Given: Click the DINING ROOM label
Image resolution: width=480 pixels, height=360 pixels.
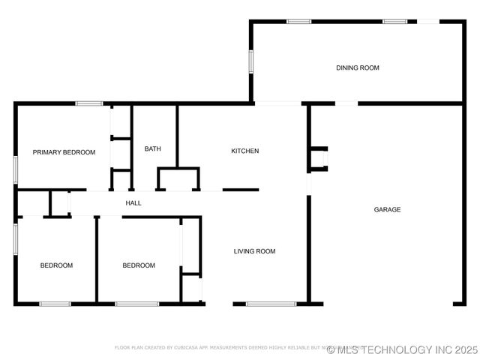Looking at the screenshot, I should [x=357, y=67].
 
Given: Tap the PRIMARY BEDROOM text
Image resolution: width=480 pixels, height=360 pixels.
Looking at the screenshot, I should [x=64, y=152].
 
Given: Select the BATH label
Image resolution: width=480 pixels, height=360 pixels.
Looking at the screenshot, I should [x=152, y=148].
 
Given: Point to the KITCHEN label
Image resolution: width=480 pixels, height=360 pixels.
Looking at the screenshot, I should [x=244, y=151].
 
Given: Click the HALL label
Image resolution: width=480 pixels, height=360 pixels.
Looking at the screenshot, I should [x=133, y=202].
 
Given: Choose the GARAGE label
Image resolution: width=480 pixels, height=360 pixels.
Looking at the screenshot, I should [x=387, y=209].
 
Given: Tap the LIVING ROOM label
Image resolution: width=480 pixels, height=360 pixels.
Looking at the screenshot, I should [x=254, y=251].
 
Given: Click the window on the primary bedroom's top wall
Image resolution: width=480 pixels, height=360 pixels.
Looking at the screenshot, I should [x=88, y=103].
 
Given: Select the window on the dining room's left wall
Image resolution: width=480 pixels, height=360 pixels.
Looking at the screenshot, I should [x=251, y=61].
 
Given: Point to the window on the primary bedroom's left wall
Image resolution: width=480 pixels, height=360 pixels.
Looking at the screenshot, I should [x=16, y=169].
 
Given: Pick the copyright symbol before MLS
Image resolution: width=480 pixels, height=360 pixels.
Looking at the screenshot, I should [x=331, y=349].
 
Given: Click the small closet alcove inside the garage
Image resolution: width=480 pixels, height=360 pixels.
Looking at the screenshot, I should [x=318, y=158].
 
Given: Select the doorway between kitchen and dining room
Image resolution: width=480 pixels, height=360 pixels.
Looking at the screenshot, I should [x=277, y=103].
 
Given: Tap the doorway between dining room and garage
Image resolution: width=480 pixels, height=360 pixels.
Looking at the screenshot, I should [x=346, y=103].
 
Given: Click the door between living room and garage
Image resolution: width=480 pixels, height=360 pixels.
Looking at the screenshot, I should [x=307, y=184].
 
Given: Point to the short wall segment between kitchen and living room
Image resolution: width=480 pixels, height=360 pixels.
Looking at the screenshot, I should [x=241, y=190].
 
